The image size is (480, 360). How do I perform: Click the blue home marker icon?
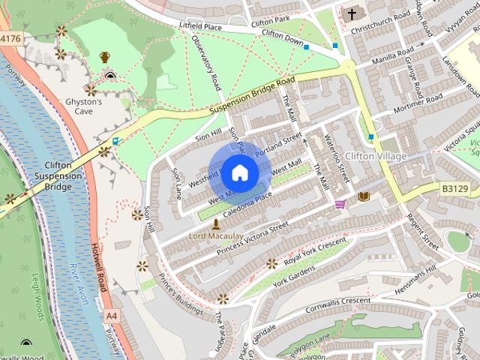(x=238, y=173)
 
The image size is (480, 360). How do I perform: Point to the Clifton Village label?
(x=376, y=157)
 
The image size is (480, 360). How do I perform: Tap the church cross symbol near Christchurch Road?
(x=351, y=13)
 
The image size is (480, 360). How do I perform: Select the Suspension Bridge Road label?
(x=250, y=94)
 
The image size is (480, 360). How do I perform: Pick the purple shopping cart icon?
(x=340, y=203)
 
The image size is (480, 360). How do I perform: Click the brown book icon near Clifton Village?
(x=364, y=196)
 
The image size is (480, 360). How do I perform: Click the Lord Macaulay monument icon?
(x=216, y=224)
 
